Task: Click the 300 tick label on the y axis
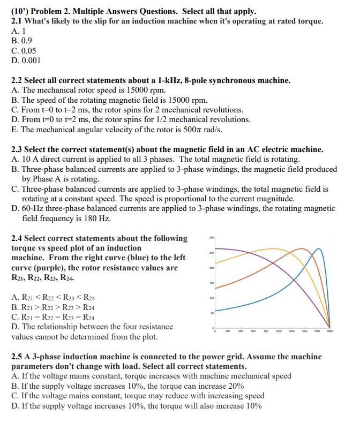212,237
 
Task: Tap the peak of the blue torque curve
319,249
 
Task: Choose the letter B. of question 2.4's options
14,307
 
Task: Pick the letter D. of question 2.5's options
14,405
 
